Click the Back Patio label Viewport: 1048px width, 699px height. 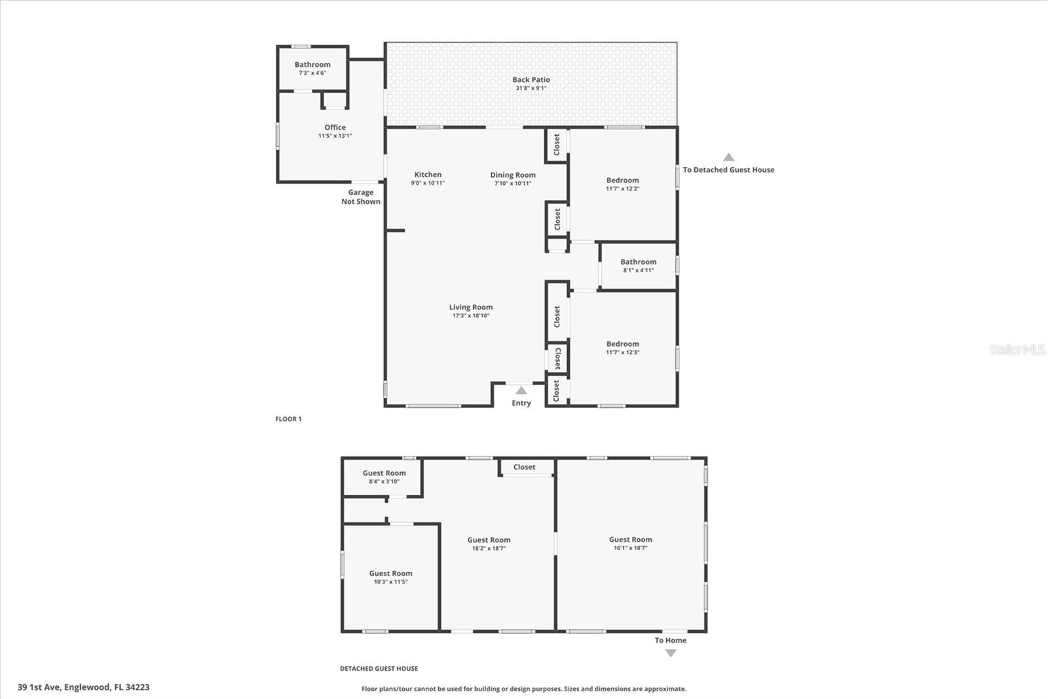[x=531, y=80]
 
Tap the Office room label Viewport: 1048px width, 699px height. [x=335, y=128]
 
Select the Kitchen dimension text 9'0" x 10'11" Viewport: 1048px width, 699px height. [x=428, y=184]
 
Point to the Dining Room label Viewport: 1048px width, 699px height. [x=513, y=175]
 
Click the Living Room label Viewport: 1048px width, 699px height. [x=470, y=308]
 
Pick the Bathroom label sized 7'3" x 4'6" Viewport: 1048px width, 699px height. [x=312, y=65]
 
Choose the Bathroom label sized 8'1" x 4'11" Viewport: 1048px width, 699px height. [x=638, y=262]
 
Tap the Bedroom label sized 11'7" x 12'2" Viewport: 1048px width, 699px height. [x=622, y=180]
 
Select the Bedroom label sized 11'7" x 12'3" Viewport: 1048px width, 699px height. [x=622, y=344]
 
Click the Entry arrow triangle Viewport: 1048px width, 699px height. [x=521, y=391]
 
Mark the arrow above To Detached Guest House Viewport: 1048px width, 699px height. [x=728, y=157]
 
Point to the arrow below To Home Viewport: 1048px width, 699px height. [x=671, y=653]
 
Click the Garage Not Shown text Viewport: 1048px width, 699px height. [x=360, y=197]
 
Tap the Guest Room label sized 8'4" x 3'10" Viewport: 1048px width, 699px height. [x=384, y=473]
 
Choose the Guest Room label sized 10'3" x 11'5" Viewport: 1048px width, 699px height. [x=390, y=574]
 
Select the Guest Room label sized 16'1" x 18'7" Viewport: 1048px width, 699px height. [x=630, y=540]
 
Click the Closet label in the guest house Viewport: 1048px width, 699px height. [x=524, y=468]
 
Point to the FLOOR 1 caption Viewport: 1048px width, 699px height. [x=288, y=419]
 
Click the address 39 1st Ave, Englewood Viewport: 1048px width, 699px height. [x=83, y=687]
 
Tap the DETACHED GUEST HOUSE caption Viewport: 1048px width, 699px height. [x=379, y=669]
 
